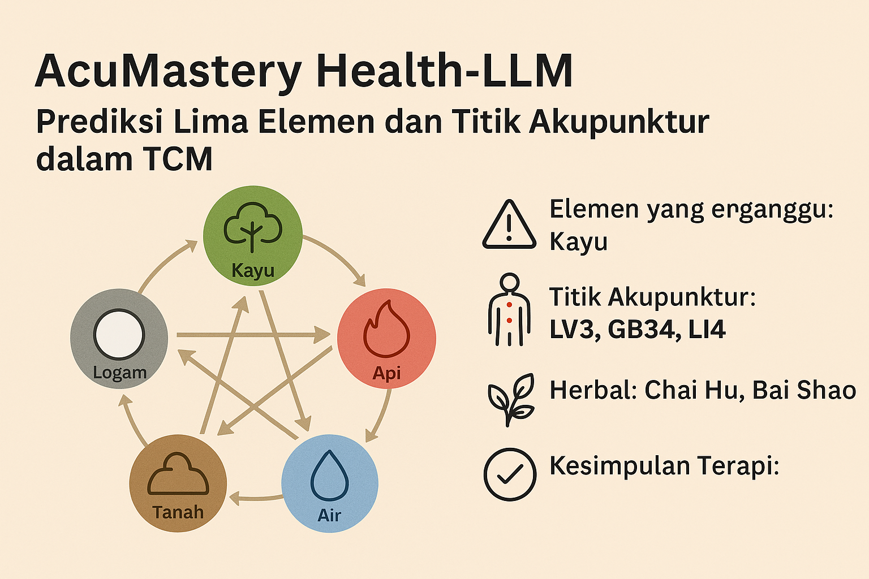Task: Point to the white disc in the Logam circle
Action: (119, 334)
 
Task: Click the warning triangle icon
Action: (509, 224)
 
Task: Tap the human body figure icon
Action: (509, 309)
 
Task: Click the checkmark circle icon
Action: (510, 474)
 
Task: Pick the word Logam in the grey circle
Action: (120, 373)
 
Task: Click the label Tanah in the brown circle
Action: (178, 512)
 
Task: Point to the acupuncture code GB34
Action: (642, 330)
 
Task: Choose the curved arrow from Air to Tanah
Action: (256, 498)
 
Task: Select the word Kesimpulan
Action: (620, 466)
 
